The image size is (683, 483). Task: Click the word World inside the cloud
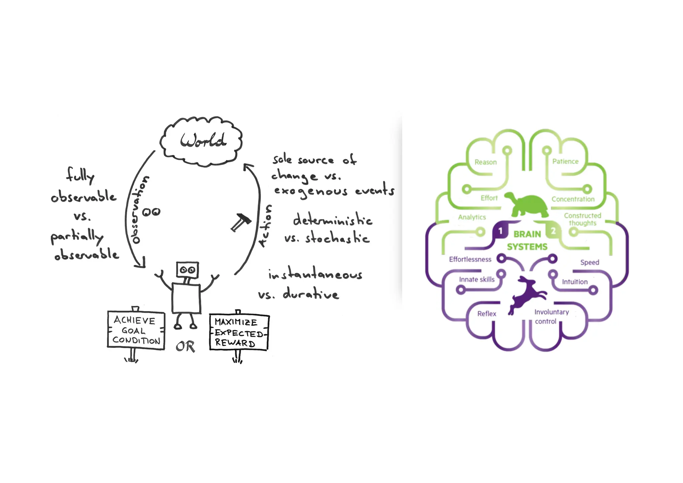point(203,141)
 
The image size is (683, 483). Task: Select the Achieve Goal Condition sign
point(136,330)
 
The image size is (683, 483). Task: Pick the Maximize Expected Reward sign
point(238,332)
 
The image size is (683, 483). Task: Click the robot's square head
point(187,270)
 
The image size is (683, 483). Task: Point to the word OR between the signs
point(185,347)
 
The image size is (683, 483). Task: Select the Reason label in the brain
point(486,162)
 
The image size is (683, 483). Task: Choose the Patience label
point(565,162)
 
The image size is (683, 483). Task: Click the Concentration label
point(573,199)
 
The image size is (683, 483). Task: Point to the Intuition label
point(575,282)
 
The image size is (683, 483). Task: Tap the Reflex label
point(487,314)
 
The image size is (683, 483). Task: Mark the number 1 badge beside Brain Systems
point(500,231)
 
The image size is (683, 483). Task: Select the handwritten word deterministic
point(332,220)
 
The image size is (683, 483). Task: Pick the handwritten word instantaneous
point(315,274)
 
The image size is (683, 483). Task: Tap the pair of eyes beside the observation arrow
point(151,212)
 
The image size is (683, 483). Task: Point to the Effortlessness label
point(470,259)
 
